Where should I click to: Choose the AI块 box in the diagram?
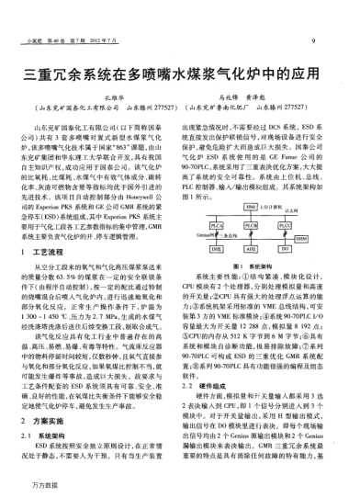[251, 248]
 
